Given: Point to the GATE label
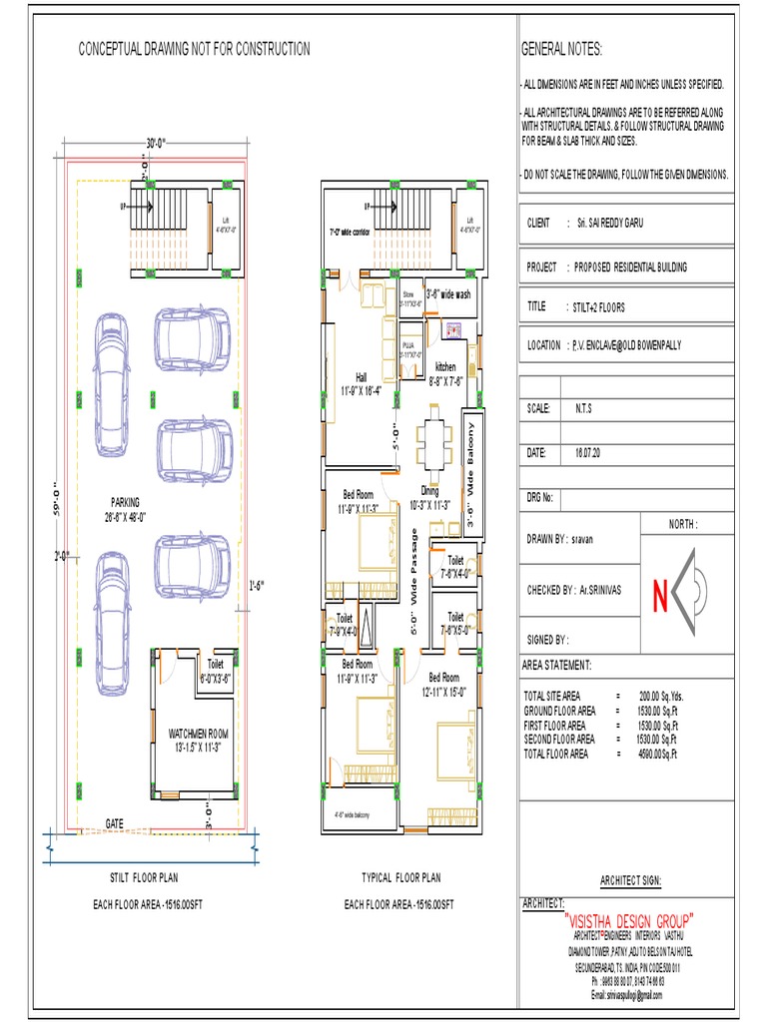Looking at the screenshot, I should pyautogui.click(x=116, y=822).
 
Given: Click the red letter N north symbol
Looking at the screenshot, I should pyautogui.click(x=660, y=596).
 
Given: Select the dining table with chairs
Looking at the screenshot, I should pyautogui.click(x=434, y=439).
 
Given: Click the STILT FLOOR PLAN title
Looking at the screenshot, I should pyautogui.click(x=144, y=878).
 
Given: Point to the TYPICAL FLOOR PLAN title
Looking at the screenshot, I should pyautogui.click(x=400, y=878).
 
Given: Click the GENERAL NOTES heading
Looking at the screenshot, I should pyautogui.click(x=562, y=50).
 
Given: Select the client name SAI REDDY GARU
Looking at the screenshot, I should pyautogui.click(x=609, y=223).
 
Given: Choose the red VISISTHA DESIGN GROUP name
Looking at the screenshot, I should pyautogui.click(x=629, y=919).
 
